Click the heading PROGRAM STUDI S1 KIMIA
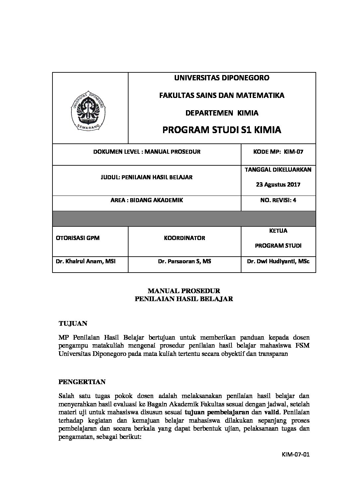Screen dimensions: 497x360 222,130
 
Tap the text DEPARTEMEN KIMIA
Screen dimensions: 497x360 222,113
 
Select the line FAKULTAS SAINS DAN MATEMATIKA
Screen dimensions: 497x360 222,95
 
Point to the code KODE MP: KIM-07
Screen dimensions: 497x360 278,152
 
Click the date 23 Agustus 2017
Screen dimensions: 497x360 278,184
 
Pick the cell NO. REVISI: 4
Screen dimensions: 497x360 278,200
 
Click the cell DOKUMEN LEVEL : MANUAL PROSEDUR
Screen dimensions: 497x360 146,152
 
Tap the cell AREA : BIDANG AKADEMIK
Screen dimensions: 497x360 146,200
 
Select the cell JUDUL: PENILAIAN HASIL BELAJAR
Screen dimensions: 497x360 146,177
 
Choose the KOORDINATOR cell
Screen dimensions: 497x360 184,238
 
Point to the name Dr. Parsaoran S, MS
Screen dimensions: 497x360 184,261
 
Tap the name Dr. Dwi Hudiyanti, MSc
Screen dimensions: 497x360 278,261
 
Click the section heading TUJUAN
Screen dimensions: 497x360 73,323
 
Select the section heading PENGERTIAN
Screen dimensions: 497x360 82,382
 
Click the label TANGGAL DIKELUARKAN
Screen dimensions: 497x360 278,169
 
